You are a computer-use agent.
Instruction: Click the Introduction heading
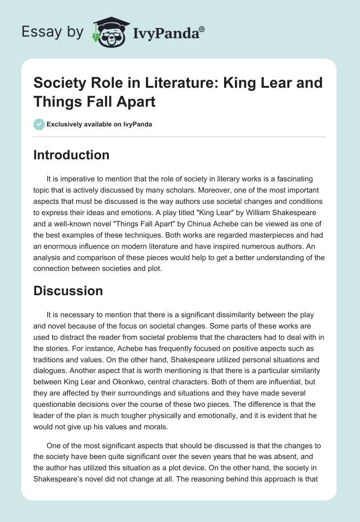72,155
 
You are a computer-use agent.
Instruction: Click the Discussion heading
68,291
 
